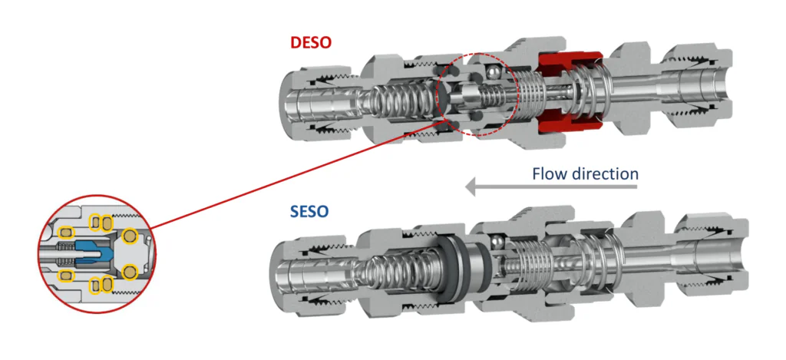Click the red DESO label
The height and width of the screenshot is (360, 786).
pos(311,41)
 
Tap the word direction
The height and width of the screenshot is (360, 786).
pos(606,173)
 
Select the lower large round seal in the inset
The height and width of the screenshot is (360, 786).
pos(130,270)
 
